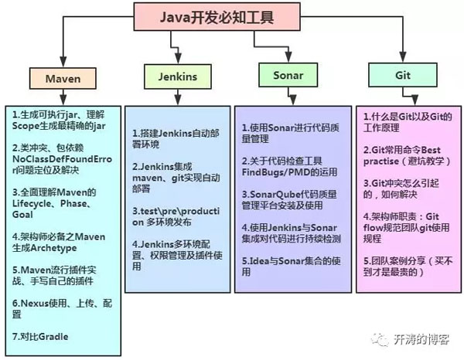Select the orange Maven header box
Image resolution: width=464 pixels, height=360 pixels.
[63, 78]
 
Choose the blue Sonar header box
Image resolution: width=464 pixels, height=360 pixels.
[288, 76]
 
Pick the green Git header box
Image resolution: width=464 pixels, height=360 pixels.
[397, 76]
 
